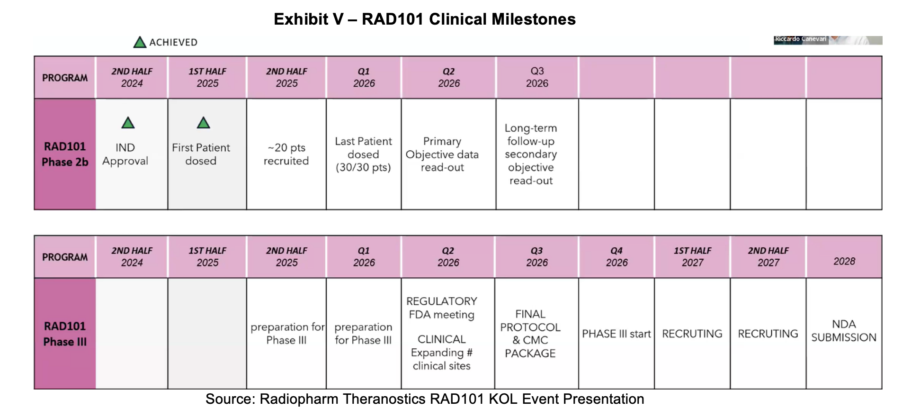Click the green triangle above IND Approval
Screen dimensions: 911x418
(x=128, y=123)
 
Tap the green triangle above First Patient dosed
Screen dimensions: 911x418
(x=203, y=123)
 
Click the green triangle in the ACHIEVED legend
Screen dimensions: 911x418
(x=140, y=42)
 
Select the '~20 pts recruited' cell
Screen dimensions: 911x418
(x=286, y=154)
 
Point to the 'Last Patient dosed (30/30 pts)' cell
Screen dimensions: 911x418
(x=364, y=154)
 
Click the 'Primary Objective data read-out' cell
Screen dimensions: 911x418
(x=448, y=154)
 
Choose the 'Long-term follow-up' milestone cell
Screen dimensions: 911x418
(x=537, y=154)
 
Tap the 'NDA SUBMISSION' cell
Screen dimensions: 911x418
(x=844, y=333)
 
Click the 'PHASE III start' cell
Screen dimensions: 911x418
(x=616, y=333)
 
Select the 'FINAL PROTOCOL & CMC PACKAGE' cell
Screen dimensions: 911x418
(x=536, y=333)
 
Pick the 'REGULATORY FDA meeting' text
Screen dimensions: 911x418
(x=442, y=308)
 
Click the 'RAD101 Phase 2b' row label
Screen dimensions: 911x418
(x=65, y=154)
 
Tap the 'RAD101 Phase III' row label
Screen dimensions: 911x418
(x=65, y=333)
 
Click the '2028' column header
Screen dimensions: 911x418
(x=844, y=257)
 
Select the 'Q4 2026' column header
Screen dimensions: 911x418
(x=616, y=257)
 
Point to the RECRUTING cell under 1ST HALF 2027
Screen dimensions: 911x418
(x=692, y=333)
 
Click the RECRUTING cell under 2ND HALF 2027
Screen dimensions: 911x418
(x=768, y=333)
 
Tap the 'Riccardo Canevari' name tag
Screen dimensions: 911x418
(x=800, y=40)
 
